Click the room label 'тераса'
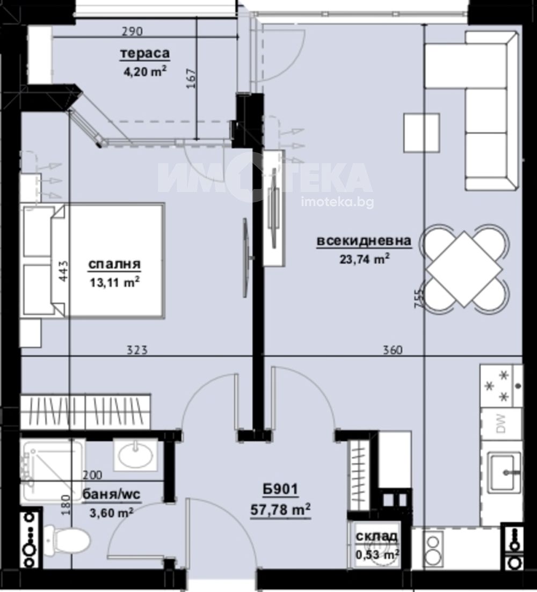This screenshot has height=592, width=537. pos(145,54)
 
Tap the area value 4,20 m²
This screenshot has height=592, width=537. pos(146,71)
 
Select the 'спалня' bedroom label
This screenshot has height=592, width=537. pos(114,264)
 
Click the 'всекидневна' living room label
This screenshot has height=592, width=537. pos(364,241)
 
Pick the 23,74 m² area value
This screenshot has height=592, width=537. pos(365,259)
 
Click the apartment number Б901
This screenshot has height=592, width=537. pos(281,490)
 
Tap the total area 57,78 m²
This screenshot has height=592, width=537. pos(281,510)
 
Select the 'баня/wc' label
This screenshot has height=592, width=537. pos(111,495)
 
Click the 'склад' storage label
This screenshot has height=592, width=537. pos(376,536)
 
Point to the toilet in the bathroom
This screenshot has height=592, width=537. pos(67,541)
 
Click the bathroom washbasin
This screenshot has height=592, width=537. pos(135,455)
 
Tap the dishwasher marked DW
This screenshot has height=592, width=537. pos(501,423)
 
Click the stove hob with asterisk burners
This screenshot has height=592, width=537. pos(501,386)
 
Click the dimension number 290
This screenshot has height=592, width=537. pos(132,31)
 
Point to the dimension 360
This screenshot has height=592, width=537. pos(393,350)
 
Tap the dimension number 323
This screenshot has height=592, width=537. pos(137,350)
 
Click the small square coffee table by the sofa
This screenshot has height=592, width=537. pos(422,133)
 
